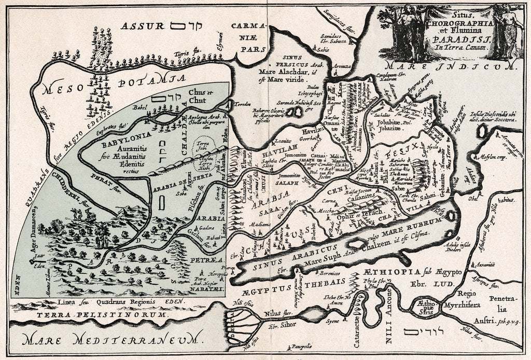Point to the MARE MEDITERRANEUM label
pos(111,340)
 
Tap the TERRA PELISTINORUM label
pos(102,315)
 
